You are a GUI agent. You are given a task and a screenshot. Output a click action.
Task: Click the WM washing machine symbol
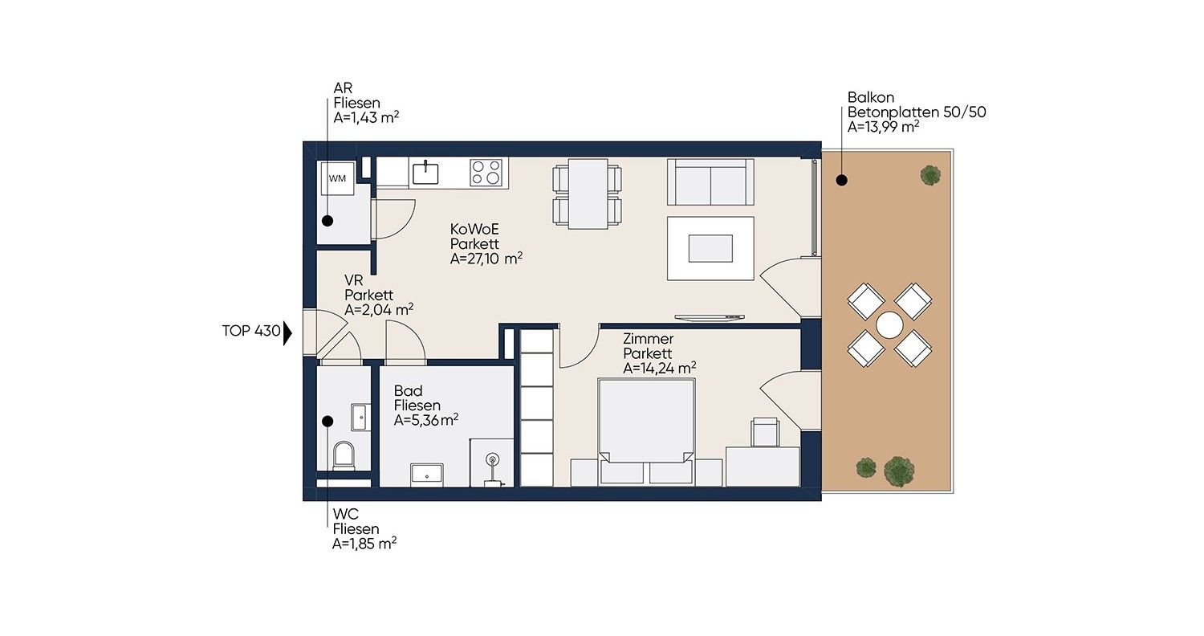[338, 178]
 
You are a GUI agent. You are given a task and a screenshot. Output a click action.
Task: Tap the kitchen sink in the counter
[425, 173]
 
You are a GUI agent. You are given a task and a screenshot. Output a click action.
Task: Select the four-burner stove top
[486, 173]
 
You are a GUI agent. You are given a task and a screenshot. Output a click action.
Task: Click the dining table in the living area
[588, 194]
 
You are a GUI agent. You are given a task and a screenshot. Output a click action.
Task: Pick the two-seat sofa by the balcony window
[710, 181]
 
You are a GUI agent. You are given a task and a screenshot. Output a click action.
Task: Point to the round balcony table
[889, 325]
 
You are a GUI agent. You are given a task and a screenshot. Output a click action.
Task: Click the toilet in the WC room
[344, 456]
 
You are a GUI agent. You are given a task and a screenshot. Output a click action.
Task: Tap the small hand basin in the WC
[360, 418]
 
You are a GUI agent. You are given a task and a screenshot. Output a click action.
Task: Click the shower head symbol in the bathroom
[492, 460]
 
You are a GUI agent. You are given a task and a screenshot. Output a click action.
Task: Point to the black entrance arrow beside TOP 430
[287, 332]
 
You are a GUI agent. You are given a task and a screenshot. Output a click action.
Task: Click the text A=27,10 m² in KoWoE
[486, 259]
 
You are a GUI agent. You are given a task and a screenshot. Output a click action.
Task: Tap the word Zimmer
[649, 339]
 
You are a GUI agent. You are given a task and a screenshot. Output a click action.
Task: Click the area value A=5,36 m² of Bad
[425, 420]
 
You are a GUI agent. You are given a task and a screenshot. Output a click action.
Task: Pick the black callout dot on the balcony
[842, 180]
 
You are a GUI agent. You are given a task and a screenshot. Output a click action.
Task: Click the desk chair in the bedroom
[766, 432]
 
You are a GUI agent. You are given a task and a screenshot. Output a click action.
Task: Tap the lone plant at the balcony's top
[929, 175]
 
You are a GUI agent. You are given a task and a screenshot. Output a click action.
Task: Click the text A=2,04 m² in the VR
[379, 310]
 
